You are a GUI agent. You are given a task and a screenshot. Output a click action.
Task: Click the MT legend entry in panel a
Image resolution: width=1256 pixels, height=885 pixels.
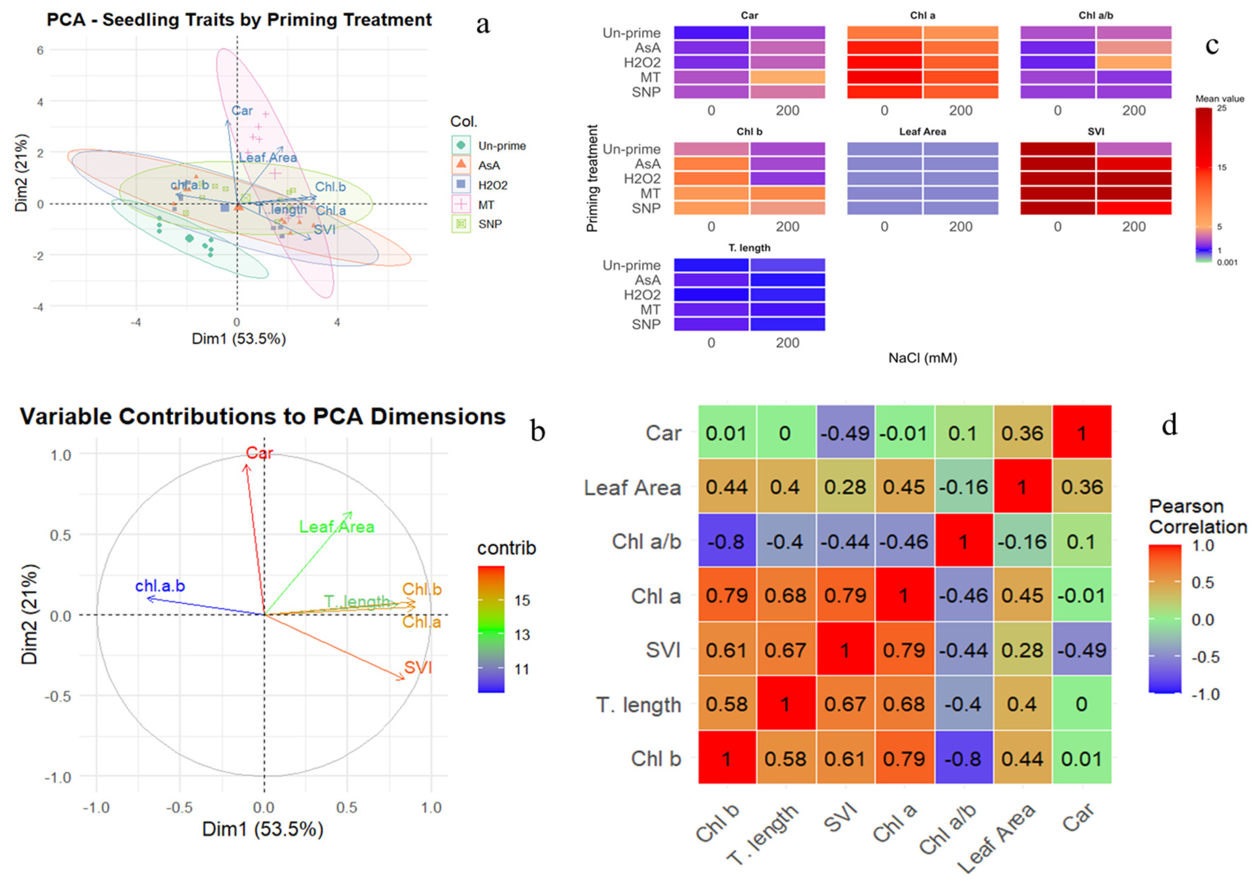click(485, 205)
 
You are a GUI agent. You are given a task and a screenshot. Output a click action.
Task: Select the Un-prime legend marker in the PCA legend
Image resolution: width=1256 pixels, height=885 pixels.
click(461, 145)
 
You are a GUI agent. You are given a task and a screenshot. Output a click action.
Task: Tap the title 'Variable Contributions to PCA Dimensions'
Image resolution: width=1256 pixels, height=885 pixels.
click(263, 416)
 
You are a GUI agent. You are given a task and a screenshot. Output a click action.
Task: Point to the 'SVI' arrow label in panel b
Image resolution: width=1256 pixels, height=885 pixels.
click(418, 667)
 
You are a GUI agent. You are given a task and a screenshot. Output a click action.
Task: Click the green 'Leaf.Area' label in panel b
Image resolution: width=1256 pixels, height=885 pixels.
click(337, 527)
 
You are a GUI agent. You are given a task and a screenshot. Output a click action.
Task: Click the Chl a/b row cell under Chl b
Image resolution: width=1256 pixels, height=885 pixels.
click(726, 541)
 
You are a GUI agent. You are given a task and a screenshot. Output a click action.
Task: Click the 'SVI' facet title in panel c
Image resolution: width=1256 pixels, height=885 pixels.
click(1096, 132)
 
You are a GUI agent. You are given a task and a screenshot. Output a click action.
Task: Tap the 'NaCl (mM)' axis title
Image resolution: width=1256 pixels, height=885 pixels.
click(922, 358)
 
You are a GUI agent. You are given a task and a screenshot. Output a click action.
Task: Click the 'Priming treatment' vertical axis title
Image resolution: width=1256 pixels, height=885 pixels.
click(592, 178)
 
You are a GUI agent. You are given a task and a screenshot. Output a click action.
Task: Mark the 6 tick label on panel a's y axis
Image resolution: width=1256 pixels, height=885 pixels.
click(40, 50)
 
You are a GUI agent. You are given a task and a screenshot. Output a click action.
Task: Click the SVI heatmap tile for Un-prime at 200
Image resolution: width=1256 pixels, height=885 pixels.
click(1133, 149)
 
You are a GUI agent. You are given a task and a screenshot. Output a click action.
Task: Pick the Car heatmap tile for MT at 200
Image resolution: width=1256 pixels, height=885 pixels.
click(787, 77)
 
